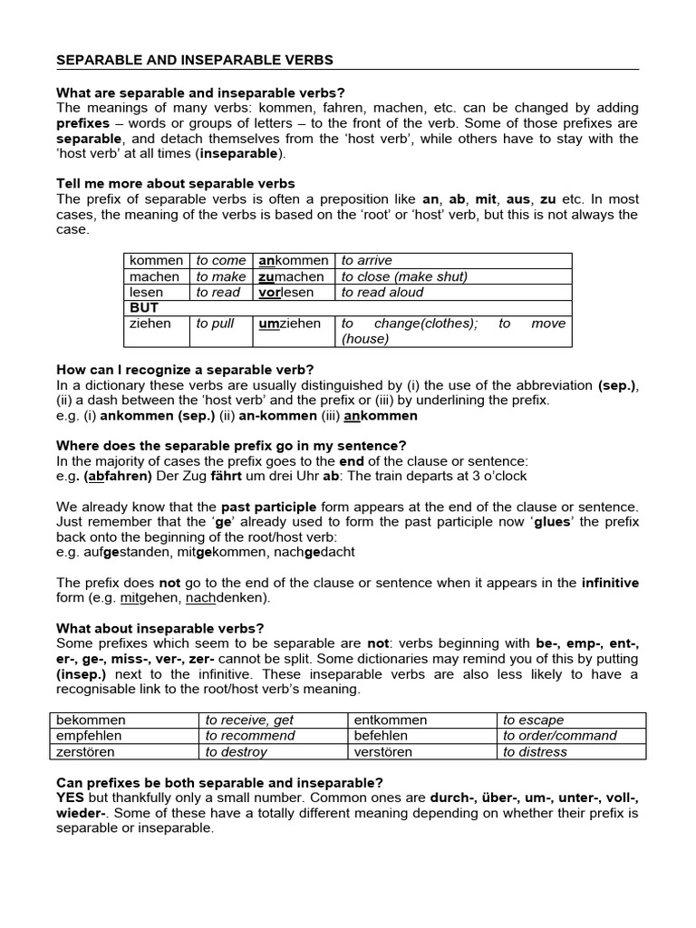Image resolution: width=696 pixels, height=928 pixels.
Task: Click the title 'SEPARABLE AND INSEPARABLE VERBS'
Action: tap(195, 61)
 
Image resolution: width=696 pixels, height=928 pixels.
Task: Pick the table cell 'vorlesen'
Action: tap(286, 292)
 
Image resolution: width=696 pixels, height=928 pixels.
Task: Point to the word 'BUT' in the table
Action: tap(144, 307)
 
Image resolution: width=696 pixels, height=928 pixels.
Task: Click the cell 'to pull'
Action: tap(216, 324)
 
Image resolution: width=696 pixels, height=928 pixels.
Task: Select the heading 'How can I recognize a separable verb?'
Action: tap(185, 369)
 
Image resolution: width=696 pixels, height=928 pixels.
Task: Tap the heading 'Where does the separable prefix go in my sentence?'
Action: tap(231, 445)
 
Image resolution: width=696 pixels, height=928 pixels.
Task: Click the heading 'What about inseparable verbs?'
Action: tap(160, 627)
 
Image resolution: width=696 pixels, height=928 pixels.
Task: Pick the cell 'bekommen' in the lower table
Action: tap(90, 720)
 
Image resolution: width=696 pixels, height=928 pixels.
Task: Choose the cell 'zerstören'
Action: tap(84, 751)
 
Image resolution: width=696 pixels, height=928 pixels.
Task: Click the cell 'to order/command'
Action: tap(560, 736)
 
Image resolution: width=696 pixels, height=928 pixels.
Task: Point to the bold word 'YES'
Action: tap(71, 797)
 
